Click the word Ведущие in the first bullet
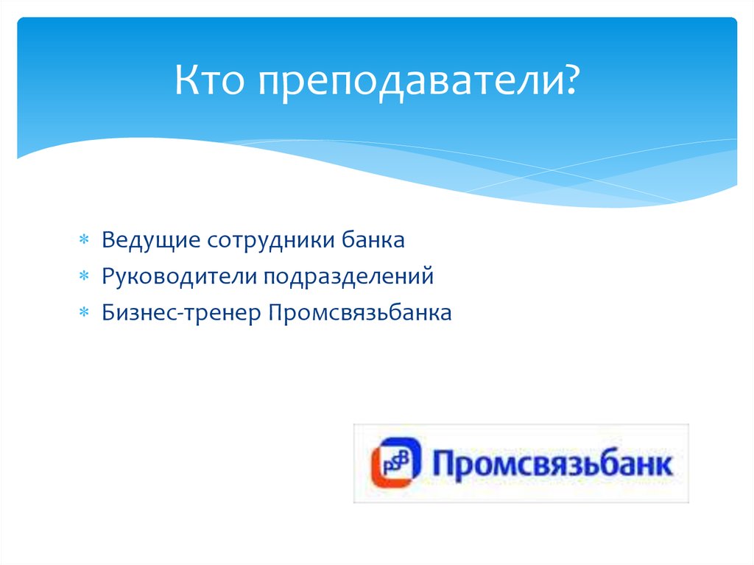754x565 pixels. pos(151,241)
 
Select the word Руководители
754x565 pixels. pos(180,277)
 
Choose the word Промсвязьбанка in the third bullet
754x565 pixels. pos(360,313)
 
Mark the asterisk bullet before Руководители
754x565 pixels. pos(84,278)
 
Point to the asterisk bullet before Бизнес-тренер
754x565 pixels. pos(84,314)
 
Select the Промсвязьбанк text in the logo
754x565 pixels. pos(552,465)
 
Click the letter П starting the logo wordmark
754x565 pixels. pos(442,463)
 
